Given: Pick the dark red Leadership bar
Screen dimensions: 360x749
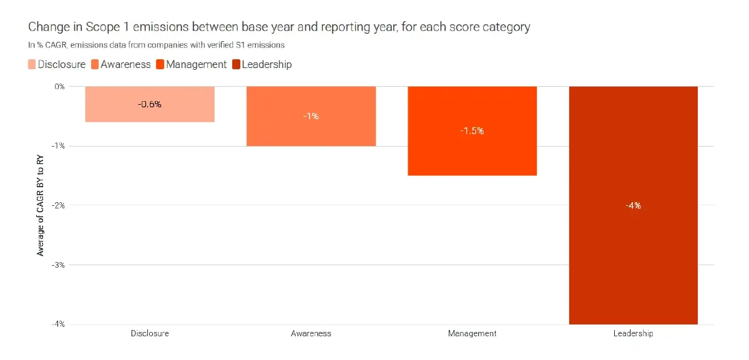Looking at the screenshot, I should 633,250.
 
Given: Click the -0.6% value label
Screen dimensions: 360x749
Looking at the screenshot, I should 150,104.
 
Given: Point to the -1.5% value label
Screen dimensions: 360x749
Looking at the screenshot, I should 472,131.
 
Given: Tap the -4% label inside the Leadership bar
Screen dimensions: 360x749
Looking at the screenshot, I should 633,205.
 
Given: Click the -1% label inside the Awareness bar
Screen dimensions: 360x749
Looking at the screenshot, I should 311,116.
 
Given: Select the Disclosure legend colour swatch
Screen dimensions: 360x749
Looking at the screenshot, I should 31,64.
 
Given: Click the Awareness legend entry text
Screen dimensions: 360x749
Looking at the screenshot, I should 125,64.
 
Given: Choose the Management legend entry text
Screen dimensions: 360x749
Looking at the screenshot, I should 196,64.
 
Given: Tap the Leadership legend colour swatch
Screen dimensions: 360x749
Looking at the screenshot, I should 236,64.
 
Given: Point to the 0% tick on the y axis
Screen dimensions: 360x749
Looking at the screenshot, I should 59,87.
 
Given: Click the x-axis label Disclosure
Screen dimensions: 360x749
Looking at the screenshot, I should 150,333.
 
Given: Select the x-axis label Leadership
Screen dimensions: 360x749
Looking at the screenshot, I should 633,333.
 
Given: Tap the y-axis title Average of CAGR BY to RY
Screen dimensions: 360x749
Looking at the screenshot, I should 41,206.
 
